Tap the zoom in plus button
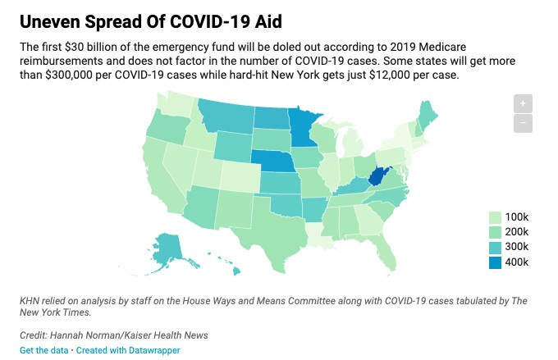click(x=523, y=103)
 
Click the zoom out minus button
click(x=523, y=124)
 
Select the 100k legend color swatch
click(x=495, y=217)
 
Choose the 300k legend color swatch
click(x=495, y=247)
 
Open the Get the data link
click(x=43, y=350)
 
